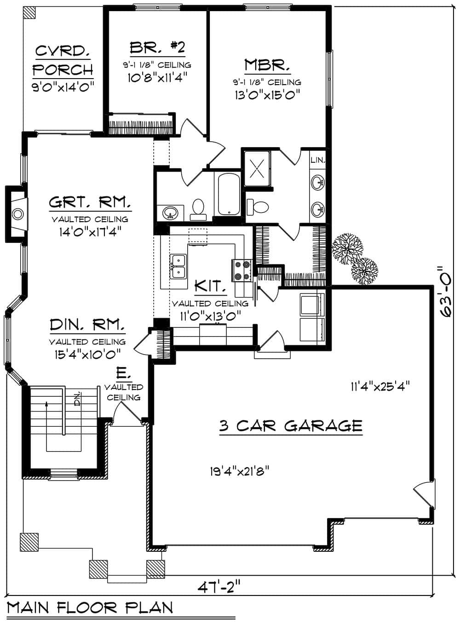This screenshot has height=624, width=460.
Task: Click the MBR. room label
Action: pos(267,65)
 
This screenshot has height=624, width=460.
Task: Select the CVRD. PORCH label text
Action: pos(63,60)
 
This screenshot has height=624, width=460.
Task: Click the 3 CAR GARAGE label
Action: pos(291,425)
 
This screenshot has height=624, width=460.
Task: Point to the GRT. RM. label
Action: pos(90,202)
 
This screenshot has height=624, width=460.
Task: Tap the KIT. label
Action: pos(210,286)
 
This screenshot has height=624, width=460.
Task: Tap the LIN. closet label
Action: pos(318,160)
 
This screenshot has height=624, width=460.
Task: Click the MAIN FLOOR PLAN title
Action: pos(90,608)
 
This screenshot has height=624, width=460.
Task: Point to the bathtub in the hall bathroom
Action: pos(229,194)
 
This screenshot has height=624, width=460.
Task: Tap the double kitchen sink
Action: pos(178,266)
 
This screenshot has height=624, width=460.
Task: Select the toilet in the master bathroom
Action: pos(258,206)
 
